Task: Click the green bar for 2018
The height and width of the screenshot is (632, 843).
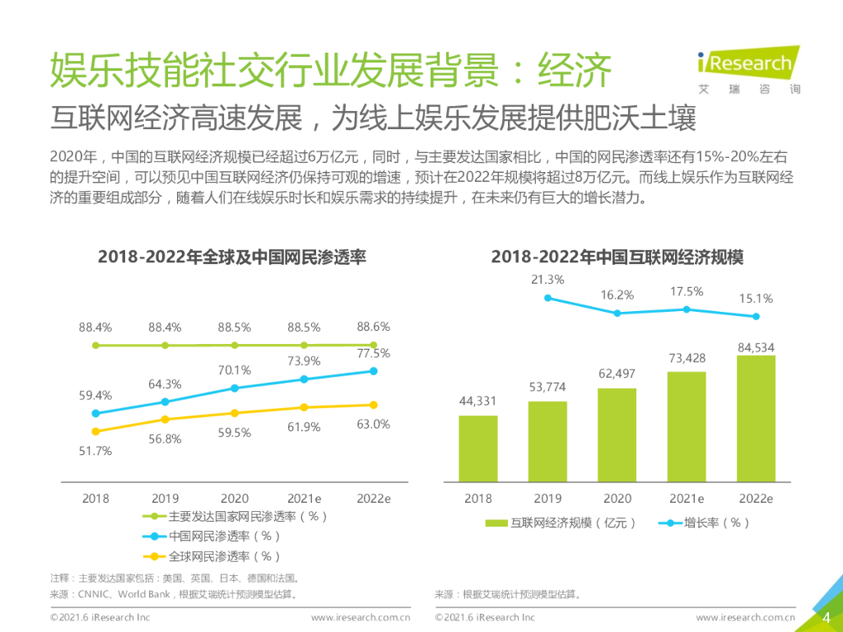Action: tap(478, 448)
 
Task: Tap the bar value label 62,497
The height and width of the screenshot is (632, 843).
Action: tap(617, 374)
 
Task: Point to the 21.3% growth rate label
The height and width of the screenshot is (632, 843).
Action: tap(547, 280)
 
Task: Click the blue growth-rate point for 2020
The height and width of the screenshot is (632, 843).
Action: tap(617, 313)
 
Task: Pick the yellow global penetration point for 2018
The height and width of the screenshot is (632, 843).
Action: tap(95, 431)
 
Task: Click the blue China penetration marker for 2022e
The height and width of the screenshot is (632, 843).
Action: tap(373, 371)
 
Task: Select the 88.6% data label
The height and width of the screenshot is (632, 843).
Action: tap(373, 327)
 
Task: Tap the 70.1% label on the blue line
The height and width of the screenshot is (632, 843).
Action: tap(235, 370)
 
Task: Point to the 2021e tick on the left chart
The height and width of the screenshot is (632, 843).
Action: tap(304, 499)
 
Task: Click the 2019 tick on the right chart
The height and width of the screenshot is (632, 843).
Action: tap(547, 499)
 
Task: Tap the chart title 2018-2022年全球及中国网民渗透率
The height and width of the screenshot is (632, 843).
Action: tap(232, 258)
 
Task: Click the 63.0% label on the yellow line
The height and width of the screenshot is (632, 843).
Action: tap(373, 425)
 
